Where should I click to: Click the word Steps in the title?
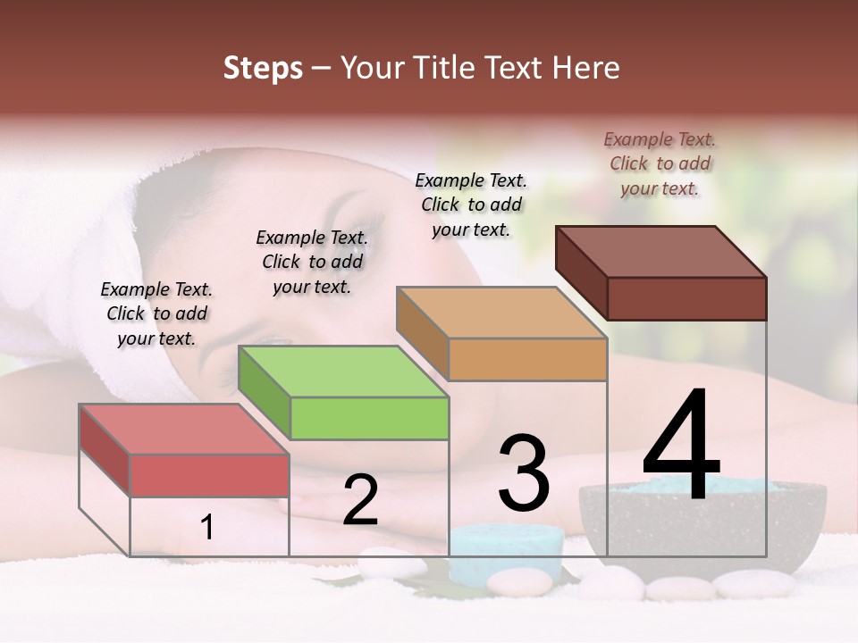pyautogui.click(x=263, y=68)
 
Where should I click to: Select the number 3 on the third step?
pyautogui.click(x=523, y=473)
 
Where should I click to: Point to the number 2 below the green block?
pyautogui.click(x=360, y=500)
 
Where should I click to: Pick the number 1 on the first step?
pyautogui.click(x=206, y=528)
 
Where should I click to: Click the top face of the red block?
pyautogui.click(x=184, y=429)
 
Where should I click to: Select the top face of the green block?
pyautogui.click(x=343, y=371)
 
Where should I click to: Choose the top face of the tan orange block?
pyautogui.click(x=501, y=313)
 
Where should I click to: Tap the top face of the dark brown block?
pyautogui.click(x=661, y=251)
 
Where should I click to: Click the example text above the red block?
pyautogui.click(x=156, y=314)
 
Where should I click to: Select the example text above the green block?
pyautogui.click(x=312, y=262)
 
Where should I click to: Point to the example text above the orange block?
pyautogui.click(x=471, y=205)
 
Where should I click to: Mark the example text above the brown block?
pyautogui.click(x=660, y=163)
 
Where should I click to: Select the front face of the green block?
pyautogui.click(x=369, y=418)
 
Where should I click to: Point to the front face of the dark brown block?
pyautogui.click(x=686, y=298)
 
